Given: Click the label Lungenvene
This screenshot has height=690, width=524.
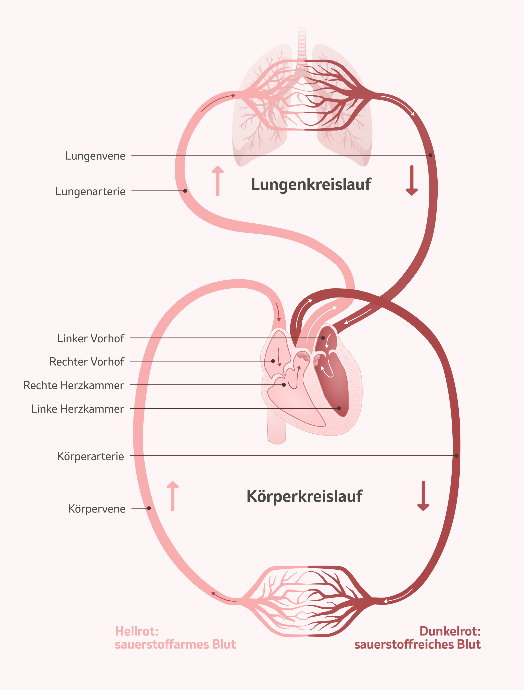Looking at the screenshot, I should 95,155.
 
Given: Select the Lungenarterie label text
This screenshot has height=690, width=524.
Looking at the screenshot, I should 90,191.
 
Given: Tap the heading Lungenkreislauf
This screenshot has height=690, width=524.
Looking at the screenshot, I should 311,184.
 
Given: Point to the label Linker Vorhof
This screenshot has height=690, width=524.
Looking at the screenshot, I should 90,338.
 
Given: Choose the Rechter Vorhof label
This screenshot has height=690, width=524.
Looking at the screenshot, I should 86,362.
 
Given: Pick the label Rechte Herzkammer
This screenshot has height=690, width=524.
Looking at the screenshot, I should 73,385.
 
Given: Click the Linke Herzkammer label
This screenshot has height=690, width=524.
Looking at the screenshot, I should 77,409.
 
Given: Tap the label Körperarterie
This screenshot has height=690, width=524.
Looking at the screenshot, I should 90,456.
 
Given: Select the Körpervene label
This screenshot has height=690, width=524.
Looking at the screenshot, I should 97,509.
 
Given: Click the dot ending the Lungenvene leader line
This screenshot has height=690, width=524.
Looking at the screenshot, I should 430,155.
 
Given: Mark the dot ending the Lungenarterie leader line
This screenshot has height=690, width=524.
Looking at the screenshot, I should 185,191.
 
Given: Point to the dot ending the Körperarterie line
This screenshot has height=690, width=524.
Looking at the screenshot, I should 456,456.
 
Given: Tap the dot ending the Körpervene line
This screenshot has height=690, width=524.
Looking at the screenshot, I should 149,508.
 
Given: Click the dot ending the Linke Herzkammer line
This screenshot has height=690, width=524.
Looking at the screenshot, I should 339,408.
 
